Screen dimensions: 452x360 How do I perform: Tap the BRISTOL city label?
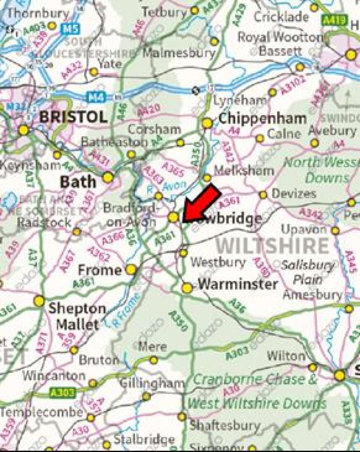[73, 117]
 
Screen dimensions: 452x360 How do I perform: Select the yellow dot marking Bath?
[108, 177]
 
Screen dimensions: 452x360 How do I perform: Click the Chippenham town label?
[262, 119]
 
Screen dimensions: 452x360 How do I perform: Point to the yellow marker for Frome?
[131, 269]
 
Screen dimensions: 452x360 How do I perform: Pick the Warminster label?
[238, 284]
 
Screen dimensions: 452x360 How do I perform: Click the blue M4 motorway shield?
[95, 97]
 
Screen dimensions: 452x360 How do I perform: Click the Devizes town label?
[294, 194]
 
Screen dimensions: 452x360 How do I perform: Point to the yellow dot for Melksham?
[207, 178]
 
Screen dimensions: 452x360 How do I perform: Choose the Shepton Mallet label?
[77, 316]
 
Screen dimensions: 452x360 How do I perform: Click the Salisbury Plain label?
[308, 272]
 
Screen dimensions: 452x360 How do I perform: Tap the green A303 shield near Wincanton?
[63, 393]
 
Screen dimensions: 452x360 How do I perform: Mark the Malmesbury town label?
[179, 52]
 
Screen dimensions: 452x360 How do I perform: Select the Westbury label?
[218, 262]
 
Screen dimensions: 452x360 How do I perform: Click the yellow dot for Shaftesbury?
[182, 417]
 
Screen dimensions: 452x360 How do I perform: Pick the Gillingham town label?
[152, 383]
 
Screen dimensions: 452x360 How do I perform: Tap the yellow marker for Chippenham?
[207, 123]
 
